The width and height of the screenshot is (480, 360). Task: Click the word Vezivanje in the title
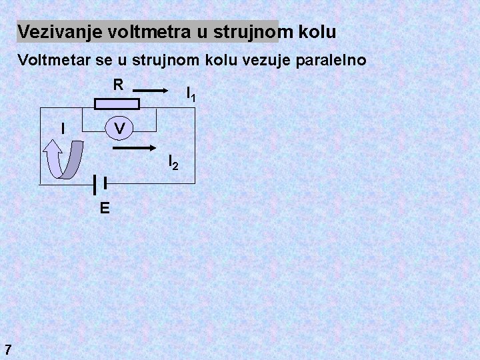pos(51,31)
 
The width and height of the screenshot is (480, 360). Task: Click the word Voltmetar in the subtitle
pos(50,61)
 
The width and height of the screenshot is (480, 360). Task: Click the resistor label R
pos(117,85)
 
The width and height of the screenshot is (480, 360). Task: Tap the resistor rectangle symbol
pos(117,103)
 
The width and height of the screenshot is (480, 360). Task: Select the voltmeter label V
pos(118,127)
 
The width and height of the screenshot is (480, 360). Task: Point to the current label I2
pos(172,161)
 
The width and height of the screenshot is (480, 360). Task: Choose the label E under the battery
pos(105,208)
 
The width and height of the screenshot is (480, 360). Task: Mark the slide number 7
pos(7,348)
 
